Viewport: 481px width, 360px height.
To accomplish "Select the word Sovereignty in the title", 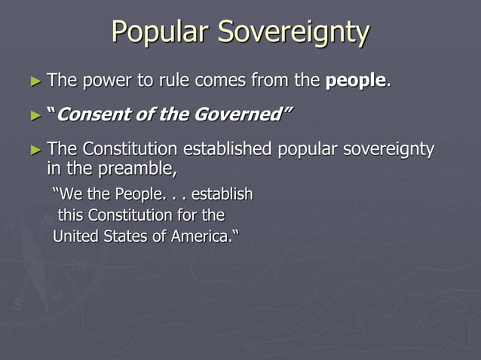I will pos(293,32).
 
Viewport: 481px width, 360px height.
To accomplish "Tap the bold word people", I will pos(355,81).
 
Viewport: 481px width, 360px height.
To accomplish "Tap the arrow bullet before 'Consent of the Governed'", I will pos(37,115).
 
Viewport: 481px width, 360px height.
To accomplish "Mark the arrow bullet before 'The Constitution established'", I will pos(37,149).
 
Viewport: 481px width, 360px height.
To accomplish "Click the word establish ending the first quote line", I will pos(222,195).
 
